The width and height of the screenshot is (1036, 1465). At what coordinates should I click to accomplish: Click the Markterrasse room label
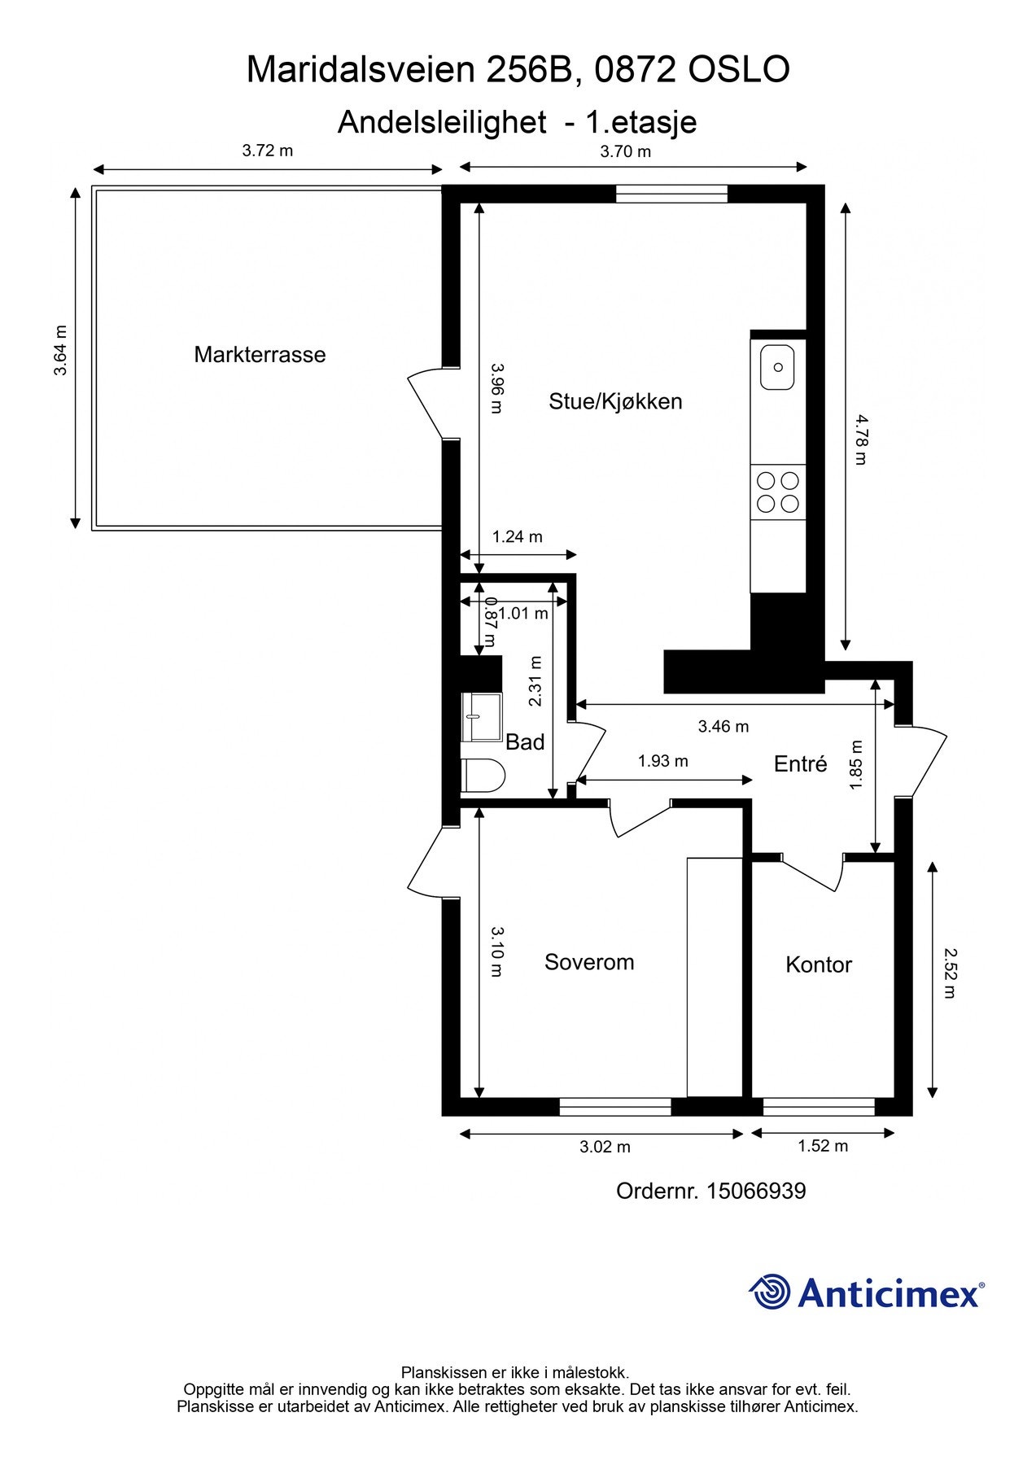(x=260, y=355)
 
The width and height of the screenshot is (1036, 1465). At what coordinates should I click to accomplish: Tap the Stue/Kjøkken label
(x=615, y=401)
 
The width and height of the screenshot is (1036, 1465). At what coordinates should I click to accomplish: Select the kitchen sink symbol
(x=777, y=367)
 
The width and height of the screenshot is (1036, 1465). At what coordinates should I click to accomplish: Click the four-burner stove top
(x=777, y=492)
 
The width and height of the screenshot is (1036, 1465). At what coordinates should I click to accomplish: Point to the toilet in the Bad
(x=483, y=776)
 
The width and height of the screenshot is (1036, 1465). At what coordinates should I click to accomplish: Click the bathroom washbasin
(x=481, y=717)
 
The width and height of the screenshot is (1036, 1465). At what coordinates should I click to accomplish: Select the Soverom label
(x=589, y=962)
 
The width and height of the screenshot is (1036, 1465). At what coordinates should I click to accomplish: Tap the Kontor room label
(x=819, y=964)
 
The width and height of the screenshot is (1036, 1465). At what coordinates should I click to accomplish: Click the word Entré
(x=800, y=763)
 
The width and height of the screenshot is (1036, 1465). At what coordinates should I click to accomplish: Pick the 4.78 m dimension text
(x=861, y=439)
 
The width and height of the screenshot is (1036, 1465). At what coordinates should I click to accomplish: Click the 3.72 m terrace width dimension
(x=268, y=151)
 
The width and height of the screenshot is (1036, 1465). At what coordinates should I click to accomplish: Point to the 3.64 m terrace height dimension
(x=60, y=350)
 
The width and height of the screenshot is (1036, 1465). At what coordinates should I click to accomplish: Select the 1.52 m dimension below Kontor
(x=822, y=1146)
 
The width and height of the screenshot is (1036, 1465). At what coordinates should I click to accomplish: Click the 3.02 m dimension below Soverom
(x=605, y=1147)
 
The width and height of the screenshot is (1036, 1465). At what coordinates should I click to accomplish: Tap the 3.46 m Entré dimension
(x=723, y=726)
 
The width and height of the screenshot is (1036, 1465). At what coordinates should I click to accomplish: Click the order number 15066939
(x=755, y=1192)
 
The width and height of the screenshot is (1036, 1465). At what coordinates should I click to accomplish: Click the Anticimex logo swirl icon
(x=770, y=1292)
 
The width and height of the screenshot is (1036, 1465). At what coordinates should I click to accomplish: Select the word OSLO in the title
(x=739, y=70)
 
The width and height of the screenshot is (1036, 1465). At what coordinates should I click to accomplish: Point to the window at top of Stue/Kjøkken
(x=671, y=194)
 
